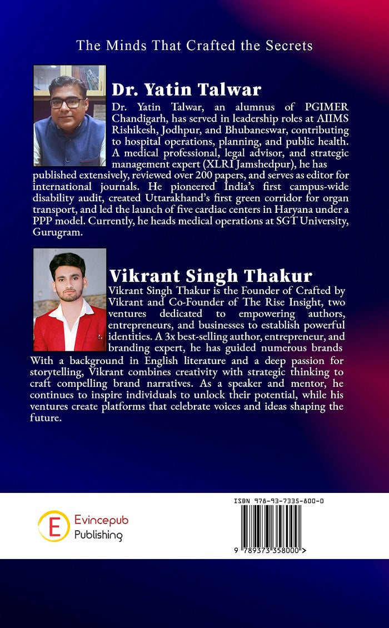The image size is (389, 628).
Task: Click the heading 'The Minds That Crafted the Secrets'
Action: pyautogui.click(x=194, y=46)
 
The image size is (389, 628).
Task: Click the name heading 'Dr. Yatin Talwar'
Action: pyautogui.click(x=187, y=89)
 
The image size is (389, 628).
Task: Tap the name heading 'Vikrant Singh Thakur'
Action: pyautogui.click(x=211, y=276)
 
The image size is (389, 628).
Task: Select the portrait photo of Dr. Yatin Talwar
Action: pyautogui.click(x=69, y=116)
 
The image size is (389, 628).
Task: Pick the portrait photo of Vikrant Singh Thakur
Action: pyautogui.click(x=69, y=300)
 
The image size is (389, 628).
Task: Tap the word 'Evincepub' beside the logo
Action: pyautogui.click(x=101, y=520)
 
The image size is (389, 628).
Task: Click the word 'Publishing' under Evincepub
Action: pyautogui.click(x=98, y=535)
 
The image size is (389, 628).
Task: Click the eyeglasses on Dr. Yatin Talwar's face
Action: pyautogui.click(x=67, y=103)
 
